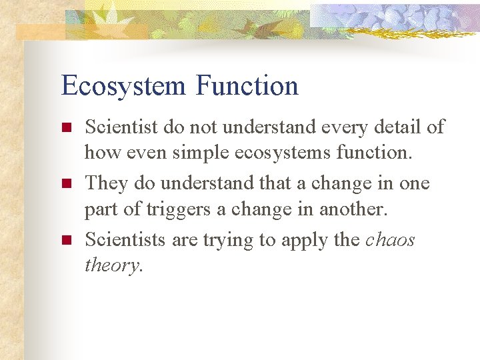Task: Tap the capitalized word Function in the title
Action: [x=247, y=85]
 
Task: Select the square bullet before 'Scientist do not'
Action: [x=65, y=127]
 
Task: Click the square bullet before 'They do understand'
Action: [x=65, y=183]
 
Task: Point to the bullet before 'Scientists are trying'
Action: [x=65, y=239]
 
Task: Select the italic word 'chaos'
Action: [x=391, y=239]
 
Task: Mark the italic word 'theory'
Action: [x=112, y=266]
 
